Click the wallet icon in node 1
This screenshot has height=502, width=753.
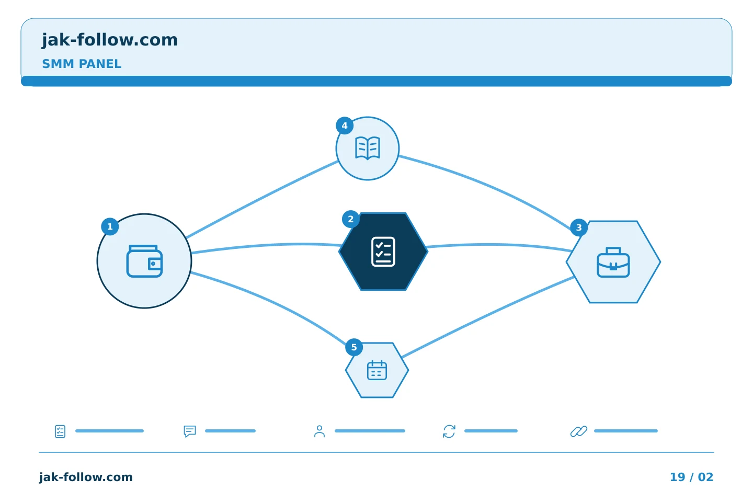144,261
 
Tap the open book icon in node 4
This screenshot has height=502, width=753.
368,148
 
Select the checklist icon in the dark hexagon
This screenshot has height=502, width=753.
383,252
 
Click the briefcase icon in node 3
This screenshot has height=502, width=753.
613,263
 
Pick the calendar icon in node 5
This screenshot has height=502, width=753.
377,370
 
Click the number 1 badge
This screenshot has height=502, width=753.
110,226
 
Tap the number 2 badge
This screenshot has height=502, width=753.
350,219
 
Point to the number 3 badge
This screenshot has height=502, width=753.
579,227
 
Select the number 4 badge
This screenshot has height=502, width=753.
345,125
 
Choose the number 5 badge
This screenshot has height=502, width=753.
354,347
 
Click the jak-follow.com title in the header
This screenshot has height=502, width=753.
110,40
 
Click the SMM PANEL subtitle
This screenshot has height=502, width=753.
82,64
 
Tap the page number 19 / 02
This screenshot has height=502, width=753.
691,477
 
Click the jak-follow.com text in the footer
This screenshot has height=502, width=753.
86,477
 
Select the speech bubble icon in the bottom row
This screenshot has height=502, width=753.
190,431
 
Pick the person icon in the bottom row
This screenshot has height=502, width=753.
320,431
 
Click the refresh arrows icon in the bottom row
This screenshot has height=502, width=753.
449,431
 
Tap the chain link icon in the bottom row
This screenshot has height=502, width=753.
579,431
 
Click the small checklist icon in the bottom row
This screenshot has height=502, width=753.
60,431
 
